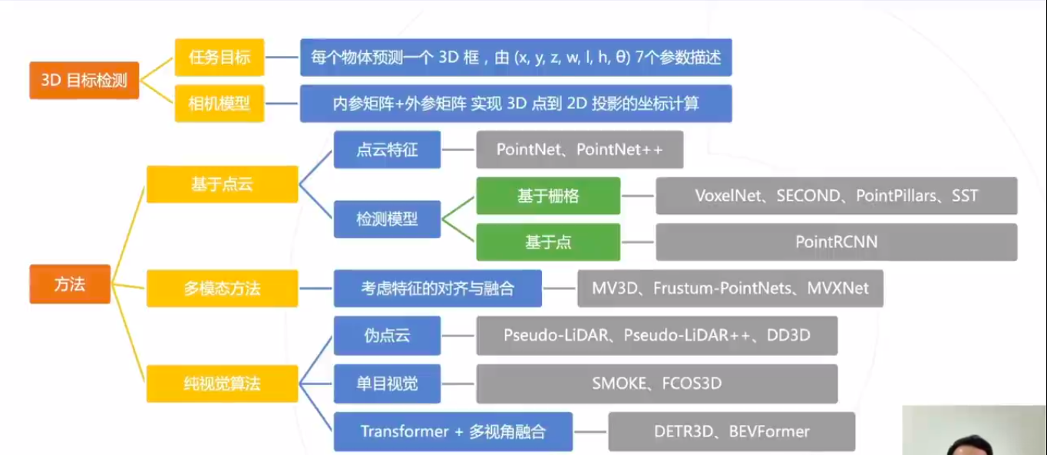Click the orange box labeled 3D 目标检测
click(84, 81)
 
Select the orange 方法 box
click(70, 284)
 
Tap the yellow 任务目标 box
click(220, 58)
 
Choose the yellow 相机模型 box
click(220, 104)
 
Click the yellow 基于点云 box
click(222, 184)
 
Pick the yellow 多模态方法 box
click(222, 288)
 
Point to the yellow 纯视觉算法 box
click(222, 384)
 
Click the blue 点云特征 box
click(387, 150)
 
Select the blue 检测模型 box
click(387, 219)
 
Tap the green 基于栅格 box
click(548, 196)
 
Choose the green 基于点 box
click(548, 242)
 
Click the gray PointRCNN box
click(837, 242)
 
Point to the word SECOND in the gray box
click(808, 196)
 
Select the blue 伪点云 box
click(387, 335)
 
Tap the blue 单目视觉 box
click(387, 384)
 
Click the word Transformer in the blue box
click(405, 431)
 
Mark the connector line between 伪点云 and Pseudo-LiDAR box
click(458, 335)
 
